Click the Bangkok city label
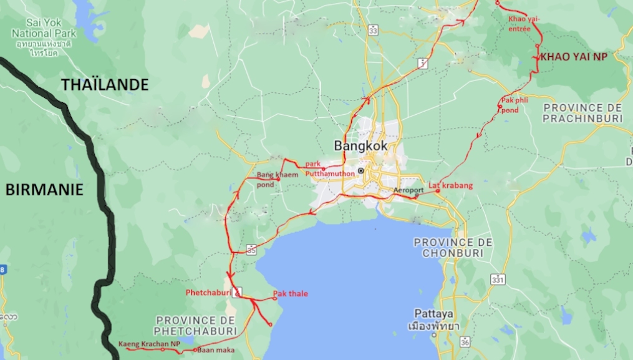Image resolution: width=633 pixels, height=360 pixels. point(360,145)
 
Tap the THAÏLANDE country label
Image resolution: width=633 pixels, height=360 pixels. point(105,85)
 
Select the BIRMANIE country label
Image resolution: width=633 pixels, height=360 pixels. point(44,190)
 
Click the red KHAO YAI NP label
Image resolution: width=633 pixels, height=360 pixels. point(573,56)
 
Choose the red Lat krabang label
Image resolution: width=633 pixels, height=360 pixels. point(450,185)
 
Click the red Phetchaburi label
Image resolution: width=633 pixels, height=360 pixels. point(208,292)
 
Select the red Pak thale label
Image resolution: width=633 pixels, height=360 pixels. point(291,293)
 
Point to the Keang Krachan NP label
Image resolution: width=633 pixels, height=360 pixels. point(144,343)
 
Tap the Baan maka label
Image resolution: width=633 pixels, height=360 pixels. point(215,350)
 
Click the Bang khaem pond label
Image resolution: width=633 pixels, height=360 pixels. point(274,179)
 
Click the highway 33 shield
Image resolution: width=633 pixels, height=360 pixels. point(373,29)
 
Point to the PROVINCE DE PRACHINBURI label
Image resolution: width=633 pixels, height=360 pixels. point(582,112)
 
